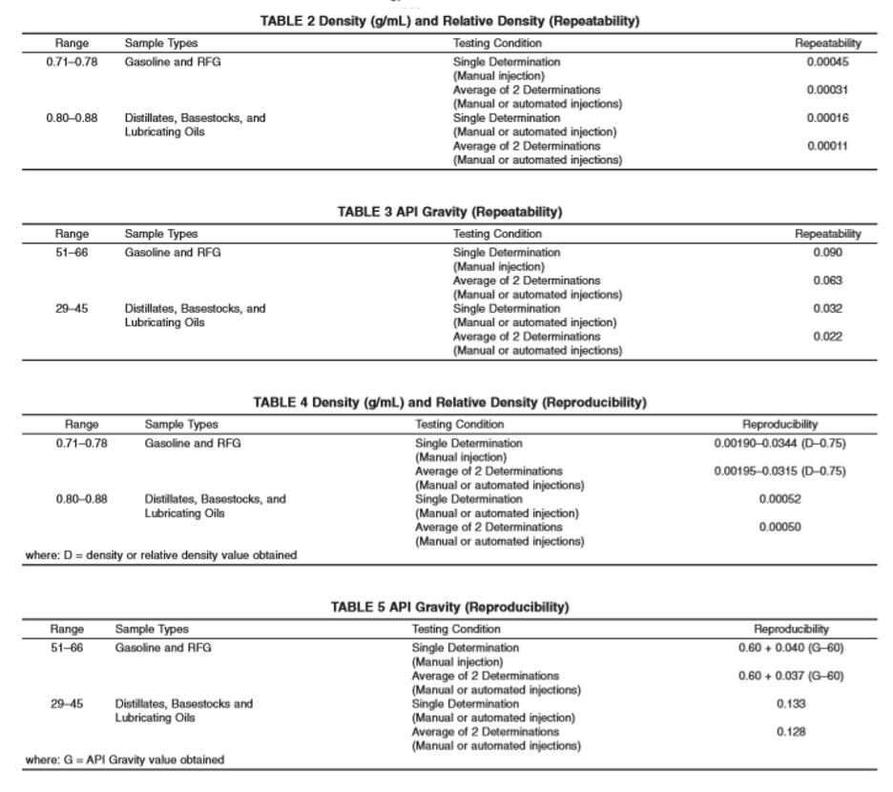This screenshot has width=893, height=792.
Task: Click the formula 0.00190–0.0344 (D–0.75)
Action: point(779,444)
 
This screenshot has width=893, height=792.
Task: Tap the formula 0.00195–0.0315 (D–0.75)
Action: point(779,471)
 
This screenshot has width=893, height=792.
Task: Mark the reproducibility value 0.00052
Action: point(779,499)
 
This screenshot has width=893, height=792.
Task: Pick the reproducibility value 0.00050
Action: point(779,527)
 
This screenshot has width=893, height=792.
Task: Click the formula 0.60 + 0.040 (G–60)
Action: point(791,648)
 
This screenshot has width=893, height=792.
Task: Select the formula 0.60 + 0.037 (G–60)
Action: point(791,676)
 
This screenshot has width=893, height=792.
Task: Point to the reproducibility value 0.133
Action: point(791,704)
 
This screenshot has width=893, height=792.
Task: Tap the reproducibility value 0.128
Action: point(791,732)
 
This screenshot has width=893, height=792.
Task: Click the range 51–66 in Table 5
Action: point(67,648)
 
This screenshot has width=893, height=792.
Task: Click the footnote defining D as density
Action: point(160,556)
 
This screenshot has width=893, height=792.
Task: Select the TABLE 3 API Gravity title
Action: point(448,213)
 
